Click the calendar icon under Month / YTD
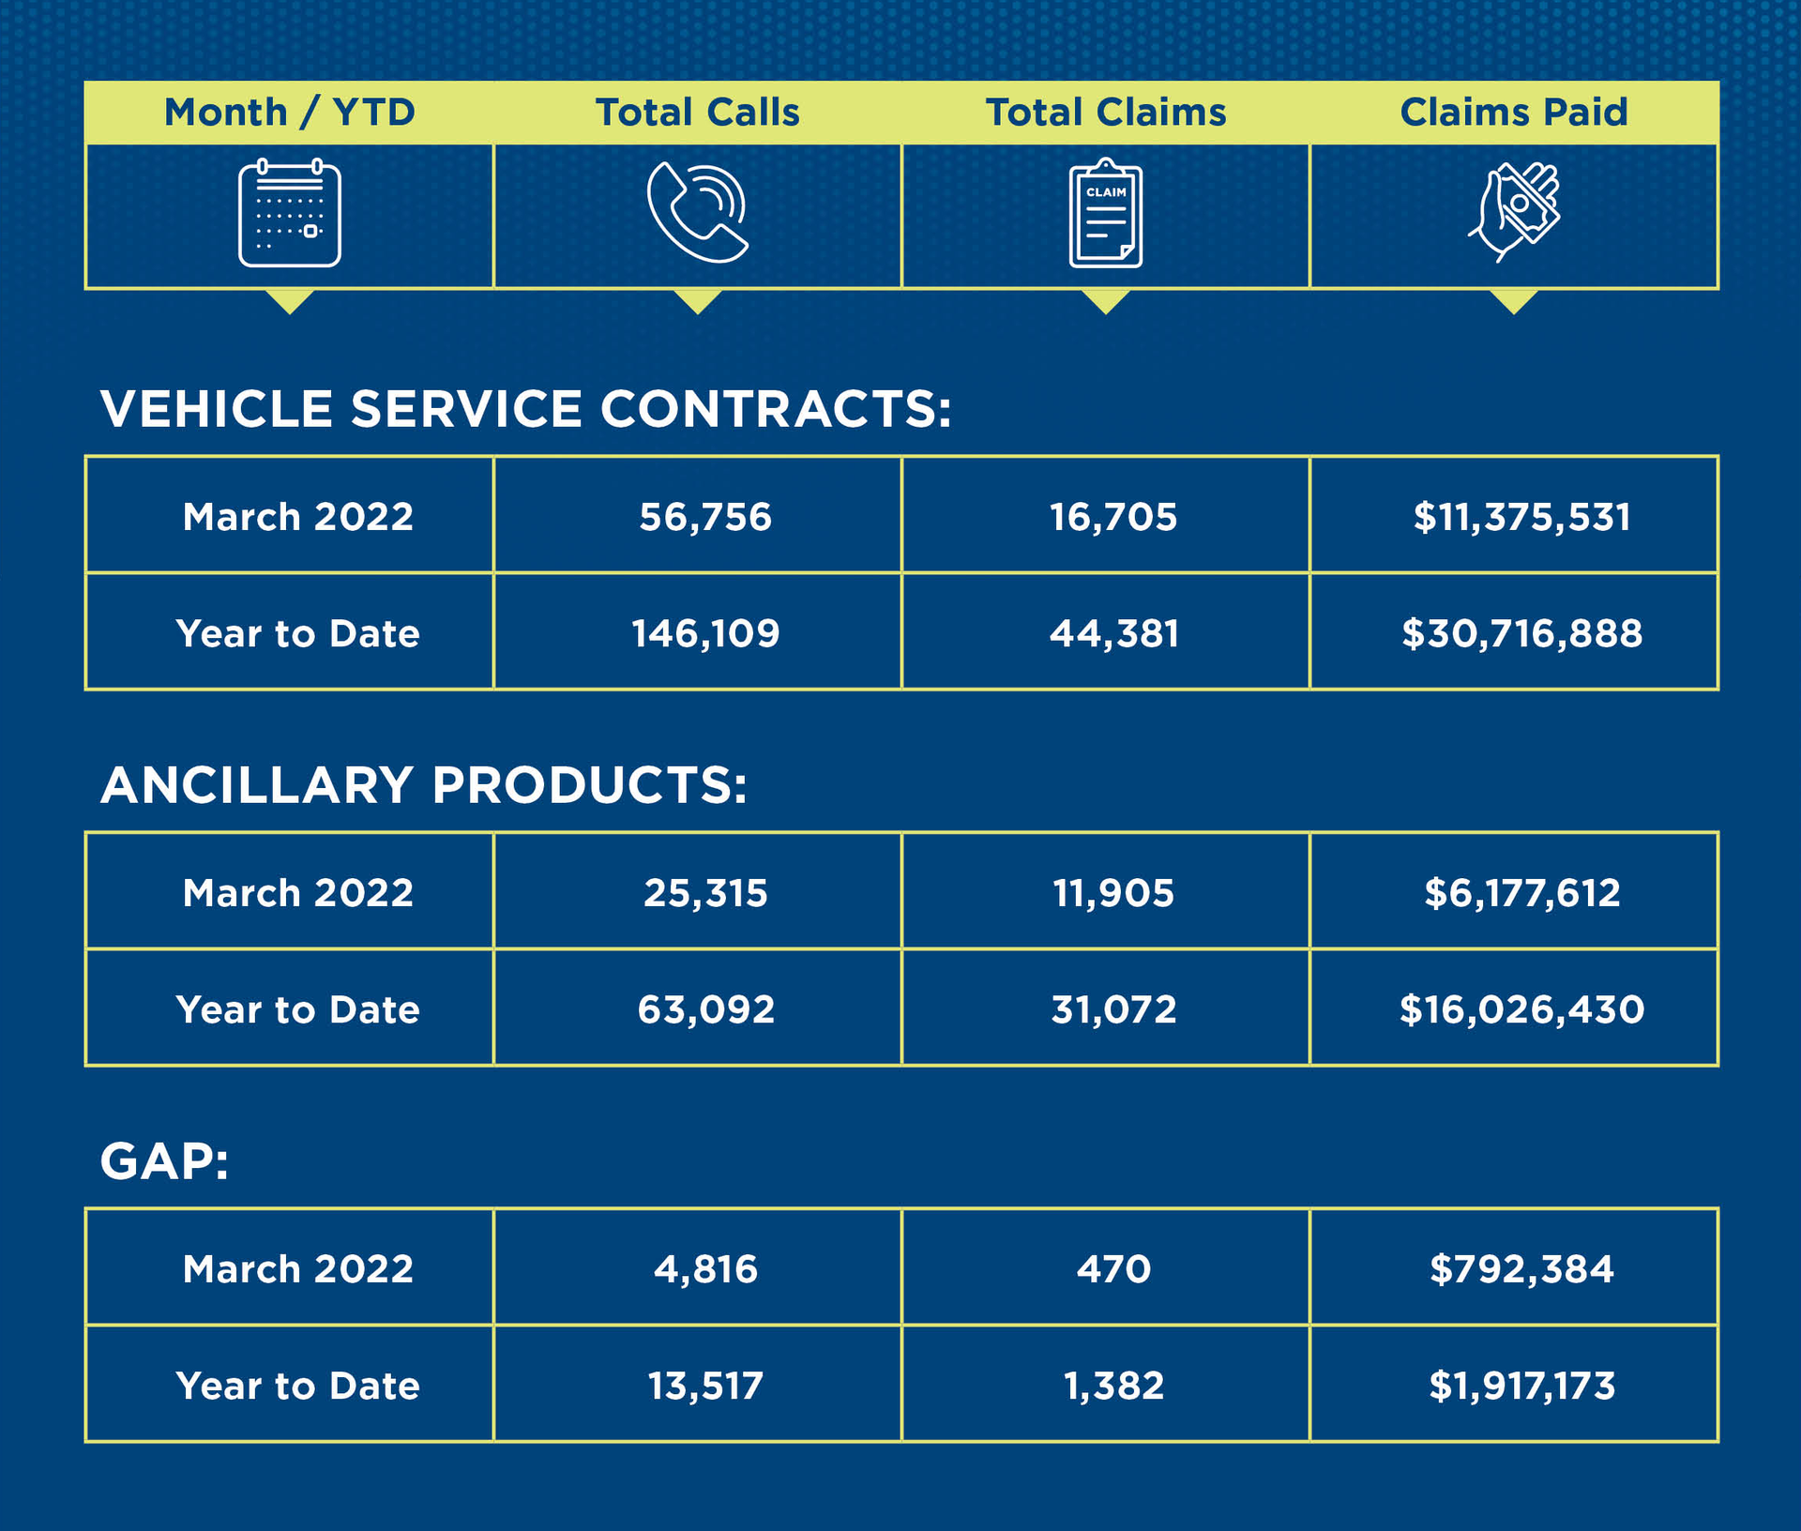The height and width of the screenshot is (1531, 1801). pos(289,213)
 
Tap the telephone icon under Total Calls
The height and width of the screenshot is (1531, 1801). pos(697,213)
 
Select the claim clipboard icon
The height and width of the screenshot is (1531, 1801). pos(1105,213)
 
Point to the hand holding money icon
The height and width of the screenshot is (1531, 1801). pos(1513,213)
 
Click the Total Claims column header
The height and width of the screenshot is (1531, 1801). pos(1105,113)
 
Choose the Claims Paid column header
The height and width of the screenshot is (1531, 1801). pos(1513,113)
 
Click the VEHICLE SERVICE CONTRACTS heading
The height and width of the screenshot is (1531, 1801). pos(525,409)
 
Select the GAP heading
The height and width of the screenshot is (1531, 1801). pos(164,1161)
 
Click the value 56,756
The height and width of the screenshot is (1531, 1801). pos(705,517)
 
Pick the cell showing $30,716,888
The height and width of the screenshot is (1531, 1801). pos(1521,633)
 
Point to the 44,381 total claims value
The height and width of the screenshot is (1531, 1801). pos(1113,633)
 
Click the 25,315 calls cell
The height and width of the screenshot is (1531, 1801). pos(705,892)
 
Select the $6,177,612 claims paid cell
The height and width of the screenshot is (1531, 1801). pos(1521,892)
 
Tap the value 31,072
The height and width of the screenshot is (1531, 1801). pos(1113,1009)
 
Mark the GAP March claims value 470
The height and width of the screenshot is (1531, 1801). pos(1113,1268)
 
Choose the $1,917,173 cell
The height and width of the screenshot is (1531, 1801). pos(1521,1386)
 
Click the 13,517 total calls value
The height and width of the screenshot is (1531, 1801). pos(705,1386)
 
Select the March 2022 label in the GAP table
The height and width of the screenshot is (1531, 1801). pos(297,1268)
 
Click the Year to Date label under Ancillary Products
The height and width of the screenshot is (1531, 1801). pos(297,1009)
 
